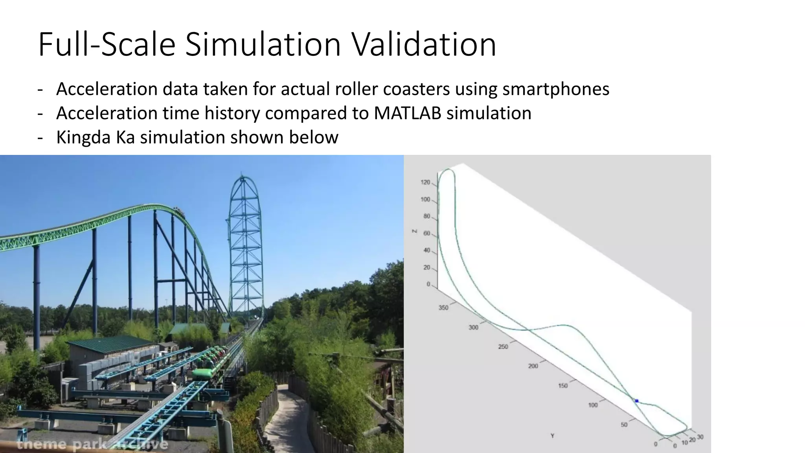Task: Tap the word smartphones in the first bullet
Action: coord(556,89)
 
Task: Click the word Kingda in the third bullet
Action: coord(83,138)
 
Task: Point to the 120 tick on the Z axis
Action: coord(425,182)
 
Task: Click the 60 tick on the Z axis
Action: coord(426,234)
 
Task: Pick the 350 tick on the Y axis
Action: coord(443,308)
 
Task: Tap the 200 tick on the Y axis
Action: coord(533,366)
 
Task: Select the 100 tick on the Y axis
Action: coord(593,405)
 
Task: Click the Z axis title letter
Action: coord(414,231)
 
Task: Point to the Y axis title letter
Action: coord(552,436)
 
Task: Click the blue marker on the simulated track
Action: coord(637,401)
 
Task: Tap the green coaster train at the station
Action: coord(206,373)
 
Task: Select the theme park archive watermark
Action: coord(92,445)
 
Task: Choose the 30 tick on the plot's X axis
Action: coord(700,437)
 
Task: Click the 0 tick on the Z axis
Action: coord(428,284)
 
